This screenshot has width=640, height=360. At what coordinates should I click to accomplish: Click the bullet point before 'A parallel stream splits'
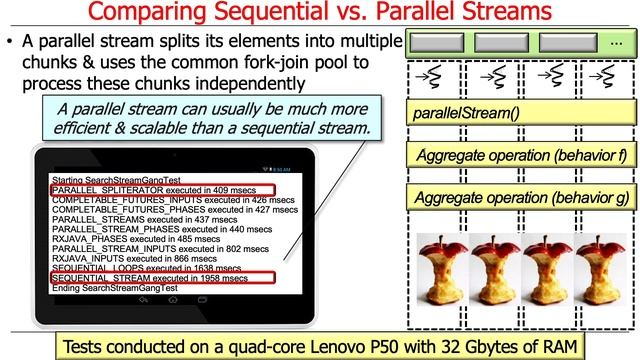point(10,44)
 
